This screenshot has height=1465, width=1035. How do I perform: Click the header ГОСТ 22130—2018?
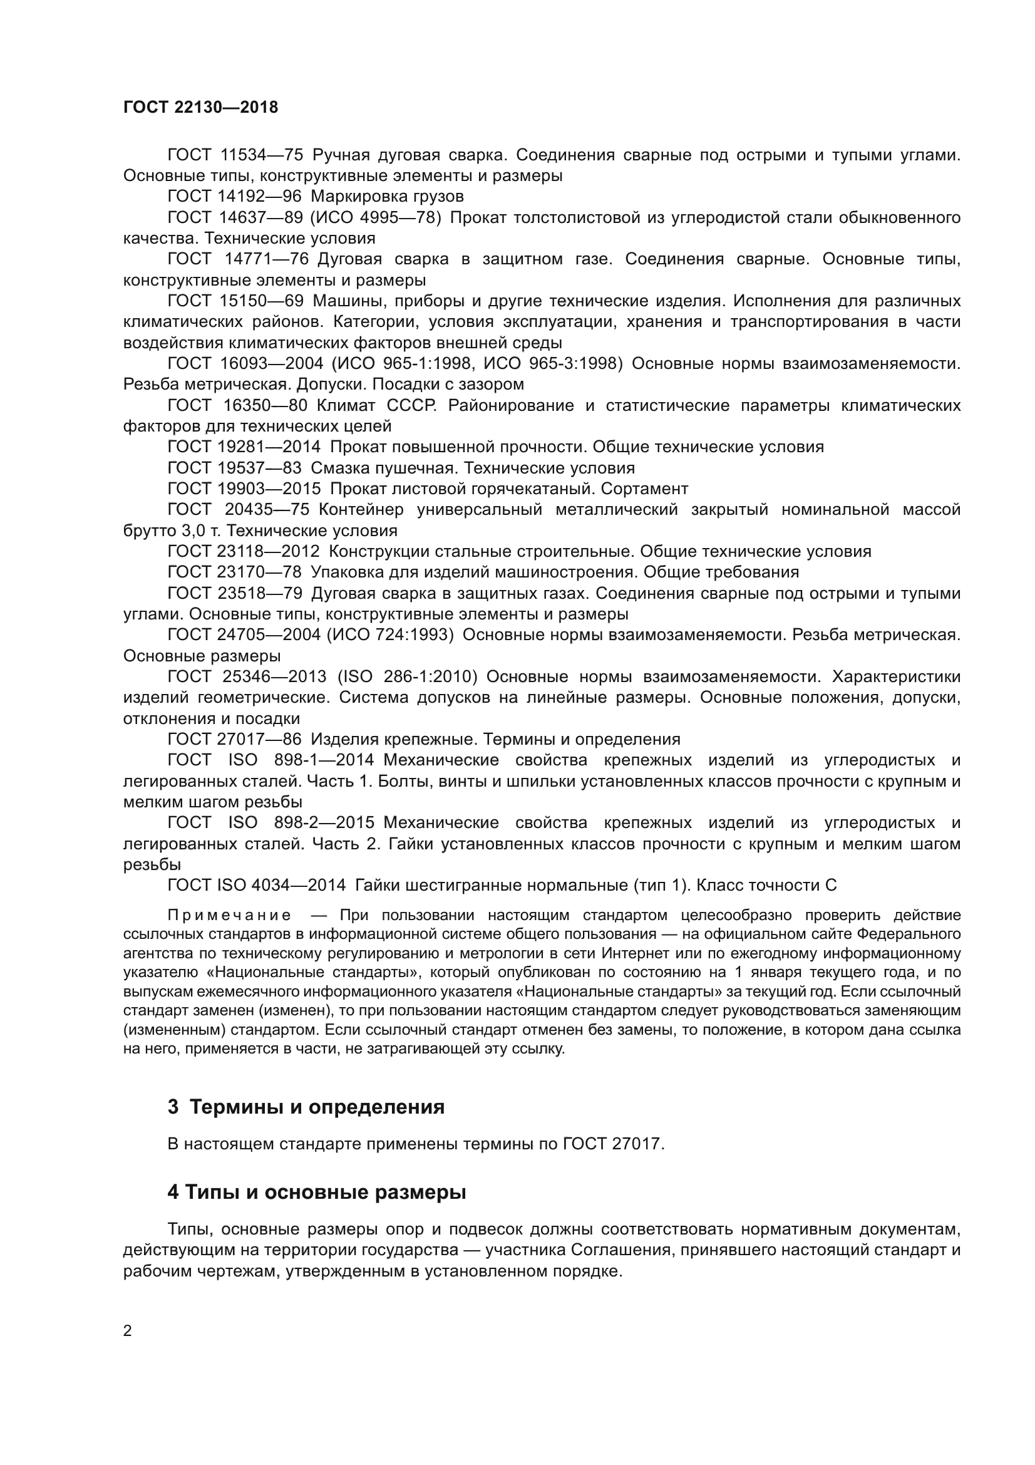(200, 107)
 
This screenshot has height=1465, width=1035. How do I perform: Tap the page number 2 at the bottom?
(128, 1331)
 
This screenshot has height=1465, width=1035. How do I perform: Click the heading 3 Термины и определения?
(306, 1107)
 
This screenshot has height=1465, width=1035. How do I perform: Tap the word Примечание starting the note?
(230, 916)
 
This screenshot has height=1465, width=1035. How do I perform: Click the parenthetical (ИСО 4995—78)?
(376, 217)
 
